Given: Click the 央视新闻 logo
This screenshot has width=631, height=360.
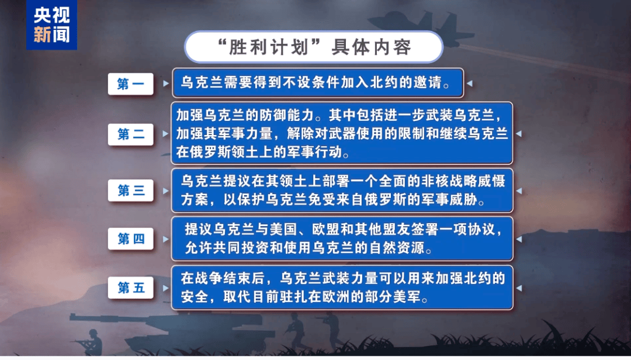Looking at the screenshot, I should point(51,25).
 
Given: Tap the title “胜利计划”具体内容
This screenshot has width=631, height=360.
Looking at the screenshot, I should point(313,47).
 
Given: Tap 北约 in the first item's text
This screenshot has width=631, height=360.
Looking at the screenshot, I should point(379,84).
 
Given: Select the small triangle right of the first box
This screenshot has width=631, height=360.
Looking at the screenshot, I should point(469,84).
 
